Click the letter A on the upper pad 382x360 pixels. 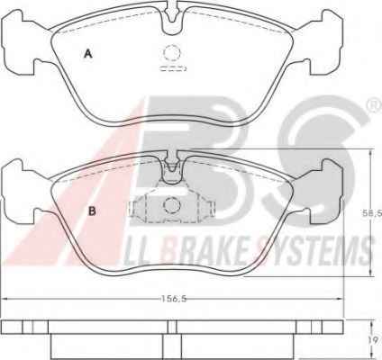pos(87,54)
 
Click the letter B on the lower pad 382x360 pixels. pos(92,211)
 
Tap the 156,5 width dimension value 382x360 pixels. pos(174,299)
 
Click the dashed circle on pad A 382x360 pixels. pos(172,53)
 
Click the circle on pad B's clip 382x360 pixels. pos(172,204)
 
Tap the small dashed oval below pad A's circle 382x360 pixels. pos(173,68)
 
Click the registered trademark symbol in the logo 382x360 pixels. pos(376,105)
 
